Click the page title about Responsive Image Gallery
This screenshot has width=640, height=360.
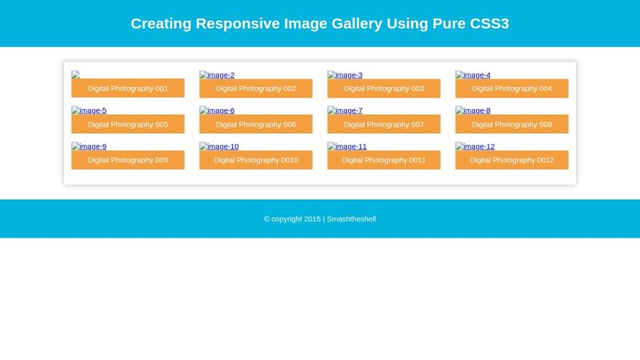(319, 23)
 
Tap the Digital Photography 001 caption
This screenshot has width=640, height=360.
(128, 89)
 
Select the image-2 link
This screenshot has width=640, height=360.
(217, 75)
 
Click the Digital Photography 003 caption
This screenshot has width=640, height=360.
(384, 89)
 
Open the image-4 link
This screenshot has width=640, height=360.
(473, 75)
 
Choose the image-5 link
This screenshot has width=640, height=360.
(89, 110)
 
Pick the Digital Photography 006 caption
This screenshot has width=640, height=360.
(256, 125)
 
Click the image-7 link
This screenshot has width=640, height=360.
(345, 110)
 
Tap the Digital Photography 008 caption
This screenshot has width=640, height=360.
(512, 125)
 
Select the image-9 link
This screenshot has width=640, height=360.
(89, 146)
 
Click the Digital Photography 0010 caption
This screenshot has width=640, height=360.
(256, 160)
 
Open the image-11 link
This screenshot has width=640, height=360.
(347, 146)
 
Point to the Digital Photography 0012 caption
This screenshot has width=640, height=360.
(512, 160)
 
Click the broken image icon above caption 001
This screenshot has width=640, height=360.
(75, 74)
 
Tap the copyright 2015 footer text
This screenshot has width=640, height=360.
(292, 218)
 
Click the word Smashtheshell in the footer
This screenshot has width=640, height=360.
(351, 218)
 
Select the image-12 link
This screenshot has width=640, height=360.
(475, 146)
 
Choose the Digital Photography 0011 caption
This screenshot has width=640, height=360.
(384, 160)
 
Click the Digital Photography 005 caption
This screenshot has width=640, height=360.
(128, 125)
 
